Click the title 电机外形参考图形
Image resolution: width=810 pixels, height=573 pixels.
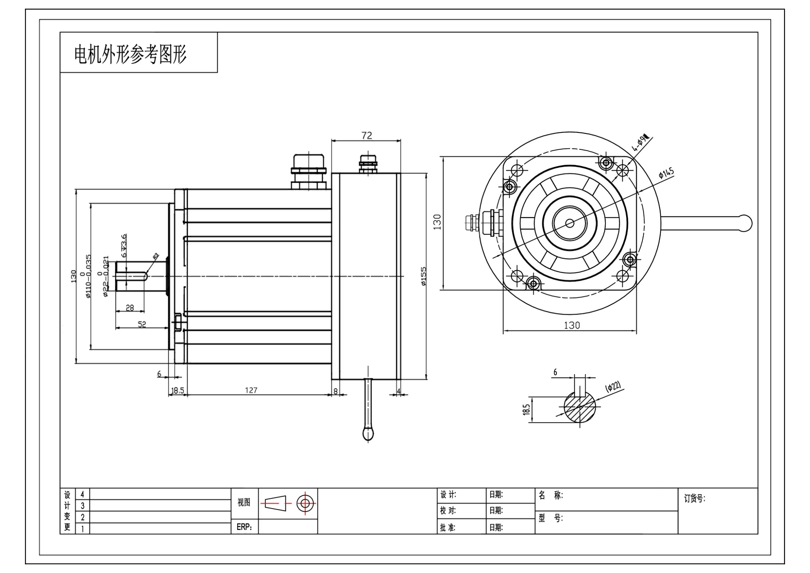pos(130,55)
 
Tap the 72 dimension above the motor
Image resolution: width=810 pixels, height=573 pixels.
pos(366,136)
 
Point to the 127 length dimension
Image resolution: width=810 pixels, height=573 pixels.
pos(251,390)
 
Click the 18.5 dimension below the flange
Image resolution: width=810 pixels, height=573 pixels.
pos(177,390)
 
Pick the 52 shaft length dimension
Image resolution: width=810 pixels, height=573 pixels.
pos(142,324)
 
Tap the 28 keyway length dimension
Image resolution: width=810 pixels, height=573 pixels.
pos(130,308)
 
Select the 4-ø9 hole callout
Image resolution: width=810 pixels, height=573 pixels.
pos(641,142)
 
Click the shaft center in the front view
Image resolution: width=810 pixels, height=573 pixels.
pos(569,223)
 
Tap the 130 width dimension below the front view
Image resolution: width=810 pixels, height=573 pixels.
pos(571,325)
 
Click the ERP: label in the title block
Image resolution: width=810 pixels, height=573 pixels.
pos(244,527)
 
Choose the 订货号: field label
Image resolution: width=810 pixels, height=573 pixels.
pos(694,499)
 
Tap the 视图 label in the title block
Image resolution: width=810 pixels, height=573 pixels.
pos(244,502)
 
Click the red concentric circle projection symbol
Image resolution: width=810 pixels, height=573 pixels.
pos(305,503)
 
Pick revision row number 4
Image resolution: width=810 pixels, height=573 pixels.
pos(82,494)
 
